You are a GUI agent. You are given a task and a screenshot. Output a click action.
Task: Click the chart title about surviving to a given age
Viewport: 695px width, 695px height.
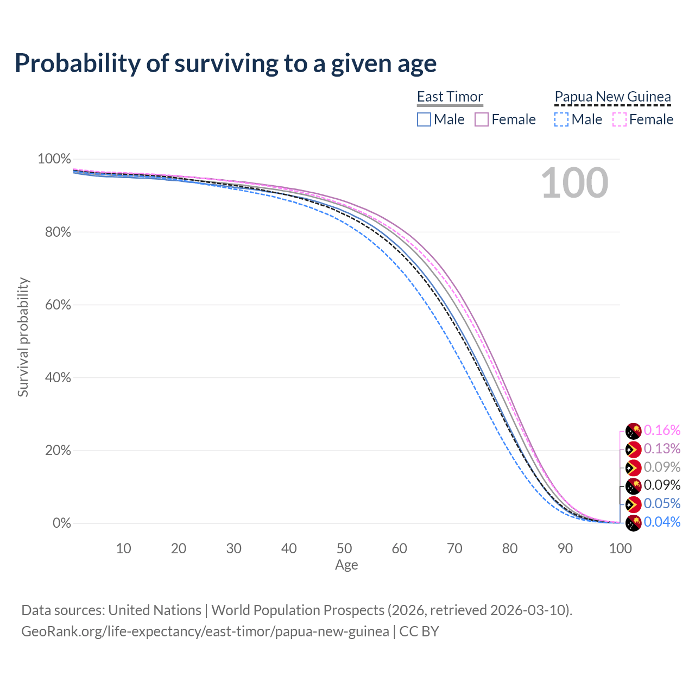point(225,64)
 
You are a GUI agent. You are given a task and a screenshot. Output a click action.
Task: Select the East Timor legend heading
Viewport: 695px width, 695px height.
point(450,97)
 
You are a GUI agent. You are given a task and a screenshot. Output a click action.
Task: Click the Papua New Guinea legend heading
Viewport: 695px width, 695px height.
point(612,97)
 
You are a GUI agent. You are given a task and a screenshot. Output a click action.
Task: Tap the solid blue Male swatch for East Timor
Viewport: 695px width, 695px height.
point(424,119)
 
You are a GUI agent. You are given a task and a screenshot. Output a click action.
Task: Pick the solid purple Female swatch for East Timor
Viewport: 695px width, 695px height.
point(482,119)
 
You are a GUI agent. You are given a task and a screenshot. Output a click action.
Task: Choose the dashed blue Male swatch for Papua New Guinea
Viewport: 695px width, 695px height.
point(561,119)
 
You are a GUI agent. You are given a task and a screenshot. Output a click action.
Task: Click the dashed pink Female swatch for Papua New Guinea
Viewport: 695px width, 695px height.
point(620,119)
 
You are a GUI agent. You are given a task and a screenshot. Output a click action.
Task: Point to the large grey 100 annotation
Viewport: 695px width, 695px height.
point(574,183)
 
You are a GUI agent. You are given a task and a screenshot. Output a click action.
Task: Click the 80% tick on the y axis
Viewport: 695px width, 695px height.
point(54,232)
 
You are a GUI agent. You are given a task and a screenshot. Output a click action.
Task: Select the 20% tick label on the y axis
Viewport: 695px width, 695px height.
point(54,451)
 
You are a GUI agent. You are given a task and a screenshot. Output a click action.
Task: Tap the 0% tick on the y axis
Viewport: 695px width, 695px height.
point(61,523)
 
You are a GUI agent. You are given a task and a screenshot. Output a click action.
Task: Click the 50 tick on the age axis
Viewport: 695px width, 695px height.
point(344,548)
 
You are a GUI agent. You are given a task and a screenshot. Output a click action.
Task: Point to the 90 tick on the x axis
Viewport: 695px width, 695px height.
point(565,548)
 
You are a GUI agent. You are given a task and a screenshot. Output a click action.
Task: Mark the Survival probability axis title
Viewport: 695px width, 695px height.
point(23,337)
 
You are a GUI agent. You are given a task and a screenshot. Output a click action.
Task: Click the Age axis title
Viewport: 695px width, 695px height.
point(346,565)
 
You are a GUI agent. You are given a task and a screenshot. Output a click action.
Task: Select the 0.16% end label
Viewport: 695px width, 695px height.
point(662,431)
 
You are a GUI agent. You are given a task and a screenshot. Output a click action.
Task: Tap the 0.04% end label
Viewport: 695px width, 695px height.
point(662,522)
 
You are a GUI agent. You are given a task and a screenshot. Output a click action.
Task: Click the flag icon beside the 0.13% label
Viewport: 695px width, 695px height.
point(634,450)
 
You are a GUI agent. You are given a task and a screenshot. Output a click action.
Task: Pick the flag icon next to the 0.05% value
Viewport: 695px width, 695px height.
point(634,504)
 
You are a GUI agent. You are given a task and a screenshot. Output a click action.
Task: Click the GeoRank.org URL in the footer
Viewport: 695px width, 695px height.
point(205,631)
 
